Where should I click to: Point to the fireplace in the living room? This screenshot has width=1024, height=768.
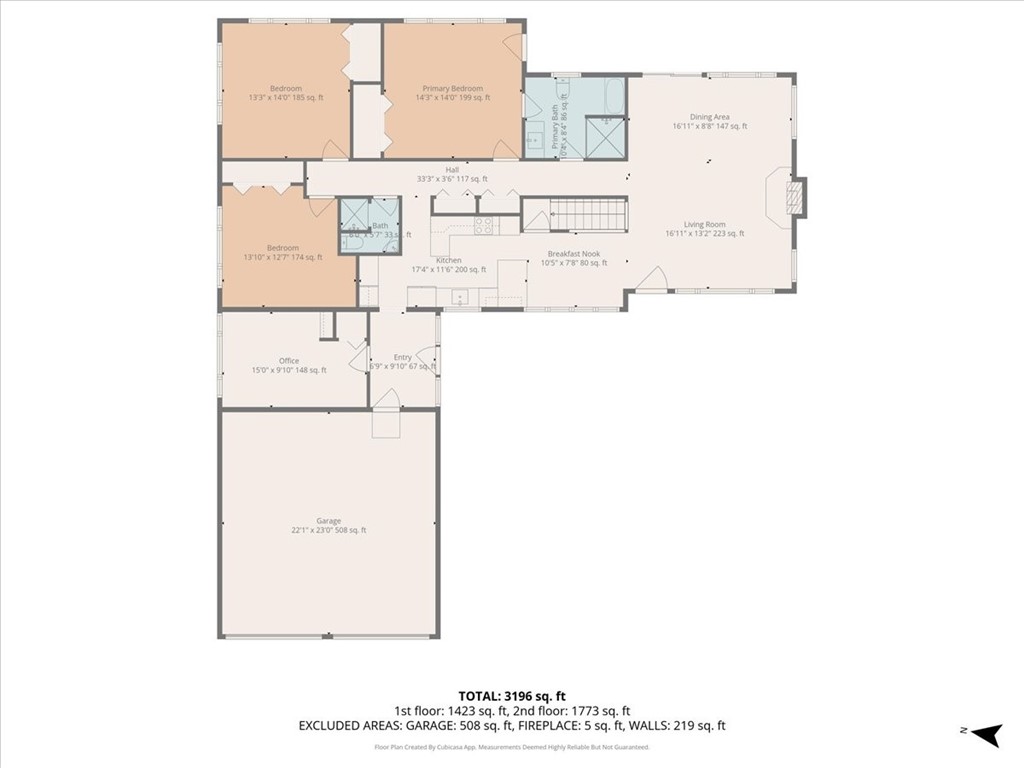pos(793,196)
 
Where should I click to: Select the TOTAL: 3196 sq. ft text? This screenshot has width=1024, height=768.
pos(511,695)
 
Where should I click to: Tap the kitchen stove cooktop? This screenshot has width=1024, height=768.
pos(483,227)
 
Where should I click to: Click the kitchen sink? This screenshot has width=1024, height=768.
pos(459,296)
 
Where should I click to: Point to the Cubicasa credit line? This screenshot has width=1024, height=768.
pos(511,747)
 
